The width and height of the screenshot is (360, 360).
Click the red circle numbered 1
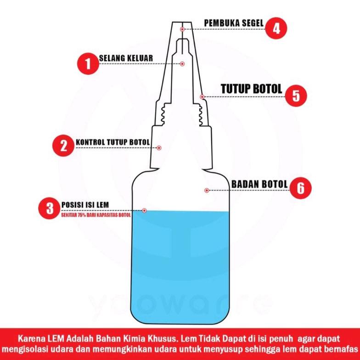[x=88, y=63]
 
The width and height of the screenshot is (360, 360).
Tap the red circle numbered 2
[x=63, y=146]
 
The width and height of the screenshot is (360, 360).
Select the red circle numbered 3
[x=50, y=208]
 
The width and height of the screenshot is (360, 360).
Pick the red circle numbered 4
[x=276, y=28]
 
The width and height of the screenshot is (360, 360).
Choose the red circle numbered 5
[x=296, y=96]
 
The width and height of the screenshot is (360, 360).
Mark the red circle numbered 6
[x=300, y=188]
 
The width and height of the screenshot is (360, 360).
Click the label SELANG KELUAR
[x=126, y=58]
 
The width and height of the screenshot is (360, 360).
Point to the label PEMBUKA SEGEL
[x=234, y=23]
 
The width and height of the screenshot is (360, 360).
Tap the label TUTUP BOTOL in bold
[x=252, y=89]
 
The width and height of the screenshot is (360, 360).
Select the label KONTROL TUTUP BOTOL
[x=113, y=142]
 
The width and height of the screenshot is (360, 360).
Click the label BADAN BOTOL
[x=259, y=184]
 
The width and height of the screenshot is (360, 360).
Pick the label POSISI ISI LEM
[x=85, y=205]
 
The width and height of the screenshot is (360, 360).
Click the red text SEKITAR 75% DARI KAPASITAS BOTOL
[x=96, y=215]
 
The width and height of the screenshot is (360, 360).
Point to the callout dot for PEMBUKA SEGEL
[x=182, y=29]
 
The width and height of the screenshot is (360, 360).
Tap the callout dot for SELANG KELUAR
[x=182, y=63]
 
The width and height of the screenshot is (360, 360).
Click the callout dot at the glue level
[x=144, y=210]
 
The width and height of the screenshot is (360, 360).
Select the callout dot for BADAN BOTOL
[x=207, y=190]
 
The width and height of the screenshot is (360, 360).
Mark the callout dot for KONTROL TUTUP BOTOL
[x=159, y=148]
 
